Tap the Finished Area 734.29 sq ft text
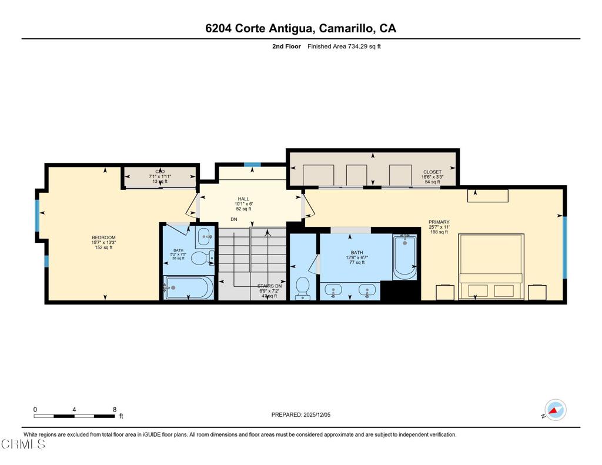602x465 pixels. (x=344, y=46)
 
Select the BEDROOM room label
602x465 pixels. (x=103, y=237)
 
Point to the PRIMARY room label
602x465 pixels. (x=439, y=222)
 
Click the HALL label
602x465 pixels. (x=243, y=199)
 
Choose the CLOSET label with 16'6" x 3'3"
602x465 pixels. (x=432, y=172)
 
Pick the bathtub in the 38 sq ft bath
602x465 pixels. (x=189, y=288)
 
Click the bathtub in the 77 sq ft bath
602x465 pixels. (x=404, y=256)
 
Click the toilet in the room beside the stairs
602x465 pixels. (x=303, y=287)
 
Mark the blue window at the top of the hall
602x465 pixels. (x=252, y=165)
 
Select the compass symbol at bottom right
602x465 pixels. (x=555, y=410)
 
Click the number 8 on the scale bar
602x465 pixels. (x=114, y=409)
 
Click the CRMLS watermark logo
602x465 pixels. (x=23, y=444)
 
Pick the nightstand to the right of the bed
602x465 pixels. (x=537, y=292)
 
